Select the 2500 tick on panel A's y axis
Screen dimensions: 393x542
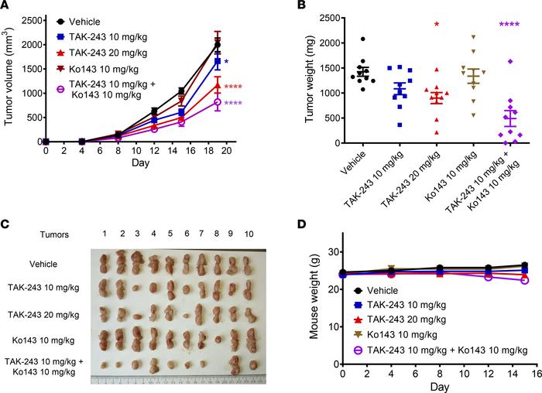tap(30, 17)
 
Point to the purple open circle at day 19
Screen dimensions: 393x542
tap(218, 102)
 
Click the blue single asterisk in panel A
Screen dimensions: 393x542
tap(226, 61)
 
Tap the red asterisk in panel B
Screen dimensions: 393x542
tap(437, 26)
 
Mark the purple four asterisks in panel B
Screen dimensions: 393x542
tap(509, 26)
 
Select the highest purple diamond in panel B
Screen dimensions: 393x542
tap(509, 61)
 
